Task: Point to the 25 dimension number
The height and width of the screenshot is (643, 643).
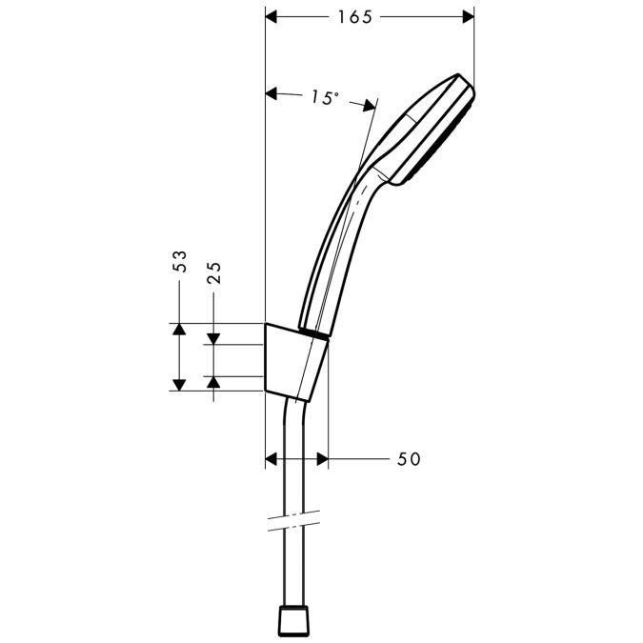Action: point(214,274)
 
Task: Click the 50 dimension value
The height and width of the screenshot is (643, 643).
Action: point(408,459)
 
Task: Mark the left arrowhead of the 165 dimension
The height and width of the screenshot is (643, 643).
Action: point(271,17)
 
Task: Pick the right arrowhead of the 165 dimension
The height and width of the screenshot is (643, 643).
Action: point(466,17)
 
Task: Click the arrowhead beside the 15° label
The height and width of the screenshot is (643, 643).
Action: point(272,94)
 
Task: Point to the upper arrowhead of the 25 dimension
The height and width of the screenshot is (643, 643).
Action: point(214,337)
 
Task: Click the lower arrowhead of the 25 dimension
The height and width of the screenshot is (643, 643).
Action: point(214,383)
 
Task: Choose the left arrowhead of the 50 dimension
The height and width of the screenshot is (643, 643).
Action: point(271,459)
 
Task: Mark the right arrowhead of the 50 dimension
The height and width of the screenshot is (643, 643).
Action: point(321,459)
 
